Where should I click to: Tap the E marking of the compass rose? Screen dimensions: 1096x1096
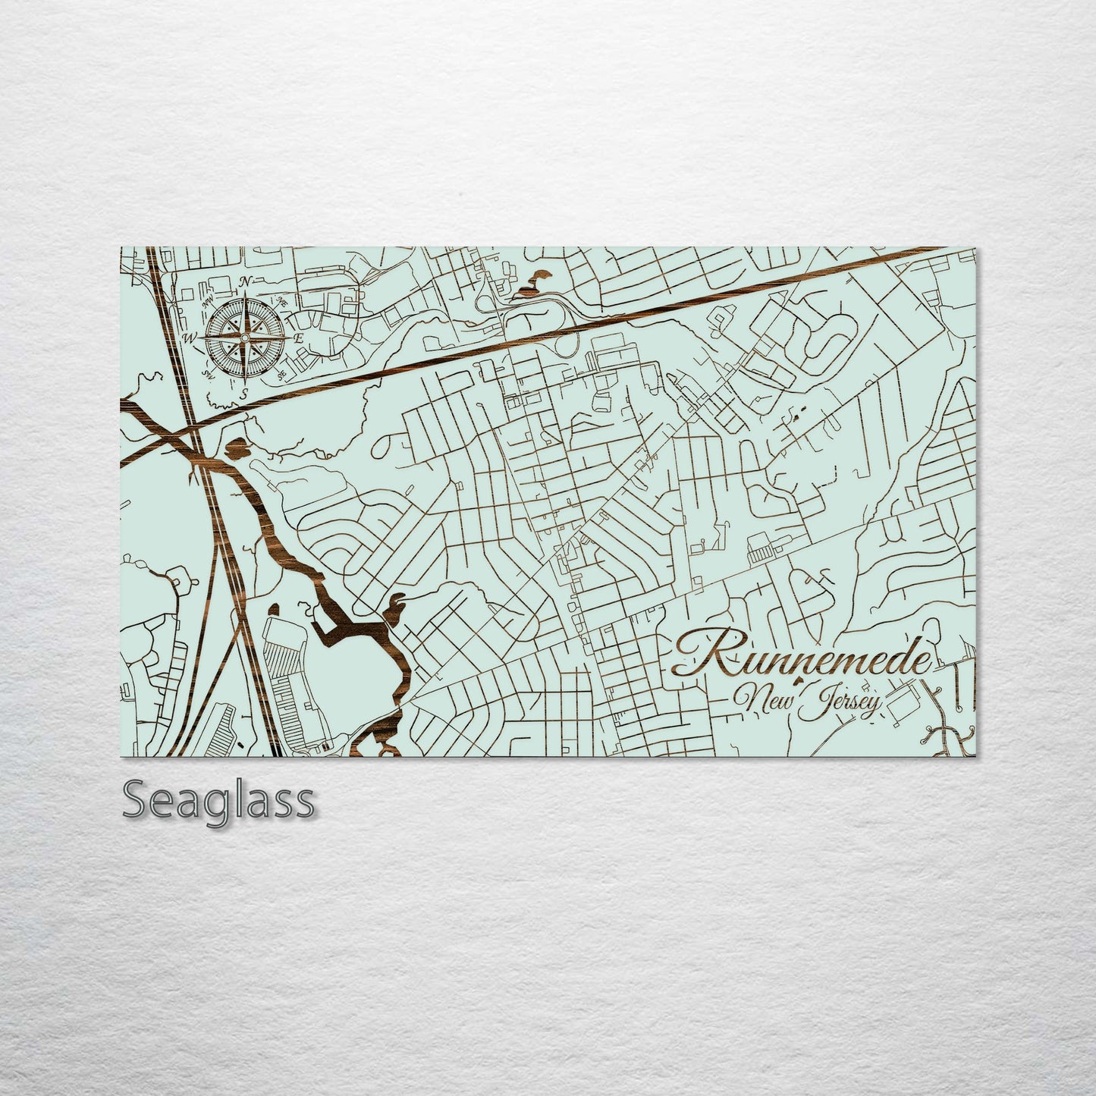[x=299, y=338]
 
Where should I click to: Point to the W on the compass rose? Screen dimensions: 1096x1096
[x=190, y=338]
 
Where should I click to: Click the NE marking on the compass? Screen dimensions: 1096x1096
[x=281, y=300]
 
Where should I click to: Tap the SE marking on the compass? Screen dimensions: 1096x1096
[x=281, y=374]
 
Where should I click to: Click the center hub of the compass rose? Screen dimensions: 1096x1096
[x=245, y=337]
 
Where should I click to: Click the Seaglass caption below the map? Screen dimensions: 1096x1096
[x=218, y=801]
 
